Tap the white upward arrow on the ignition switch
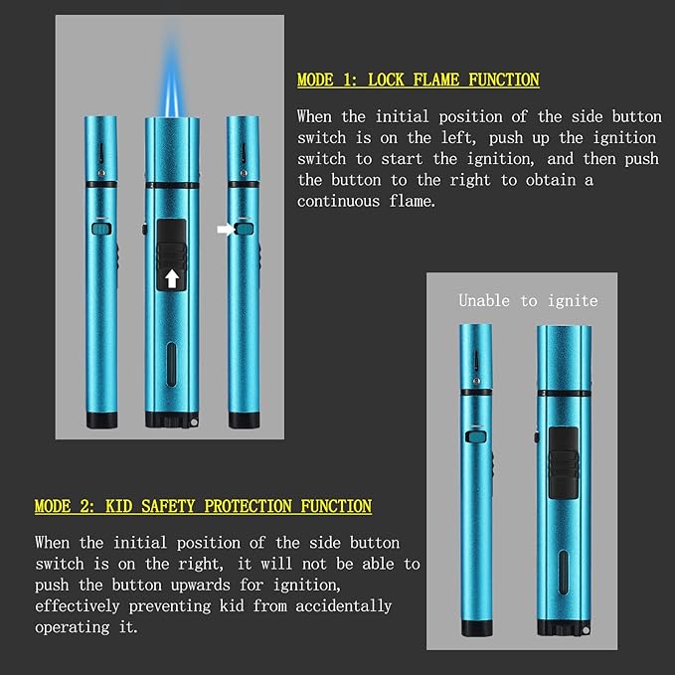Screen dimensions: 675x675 click(172, 278)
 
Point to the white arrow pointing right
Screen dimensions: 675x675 click(226, 229)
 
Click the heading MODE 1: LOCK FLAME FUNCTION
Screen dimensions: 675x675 click(418, 81)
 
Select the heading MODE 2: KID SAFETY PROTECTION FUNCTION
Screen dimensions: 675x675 click(203, 506)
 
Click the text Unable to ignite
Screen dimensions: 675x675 click(528, 300)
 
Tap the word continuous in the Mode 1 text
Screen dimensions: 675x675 click(338, 201)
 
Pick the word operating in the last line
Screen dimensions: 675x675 click(73, 627)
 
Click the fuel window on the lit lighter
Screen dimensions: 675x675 click(171, 364)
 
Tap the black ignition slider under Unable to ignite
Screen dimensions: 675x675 click(564, 463)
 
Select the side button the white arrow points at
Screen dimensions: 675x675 click(246, 229)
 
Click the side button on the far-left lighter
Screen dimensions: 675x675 click(101, 229)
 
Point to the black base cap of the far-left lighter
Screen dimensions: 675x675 click(101, 420)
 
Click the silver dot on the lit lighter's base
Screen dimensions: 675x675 click(194, 422)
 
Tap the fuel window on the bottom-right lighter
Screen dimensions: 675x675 click(563, 573)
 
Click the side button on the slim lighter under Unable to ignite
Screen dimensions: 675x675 click(476, 436)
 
